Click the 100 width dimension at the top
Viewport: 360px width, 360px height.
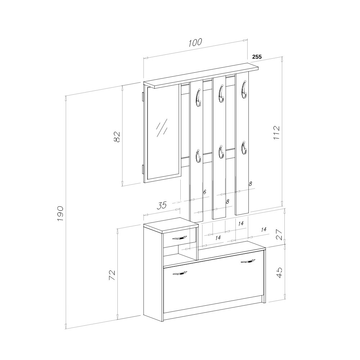click(195, 42)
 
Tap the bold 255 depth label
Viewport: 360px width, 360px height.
click(257, 57)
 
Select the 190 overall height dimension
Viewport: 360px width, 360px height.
click(60, 213)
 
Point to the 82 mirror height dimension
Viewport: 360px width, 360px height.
click(117, 136)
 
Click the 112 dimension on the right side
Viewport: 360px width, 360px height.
click(276, 132)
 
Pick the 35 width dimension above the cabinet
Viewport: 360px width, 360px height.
click(162, 205)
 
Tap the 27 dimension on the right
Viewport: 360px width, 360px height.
click(280, 234)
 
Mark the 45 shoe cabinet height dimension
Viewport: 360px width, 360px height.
click(279, 273)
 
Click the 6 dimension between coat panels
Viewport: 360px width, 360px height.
click(205, 192)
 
